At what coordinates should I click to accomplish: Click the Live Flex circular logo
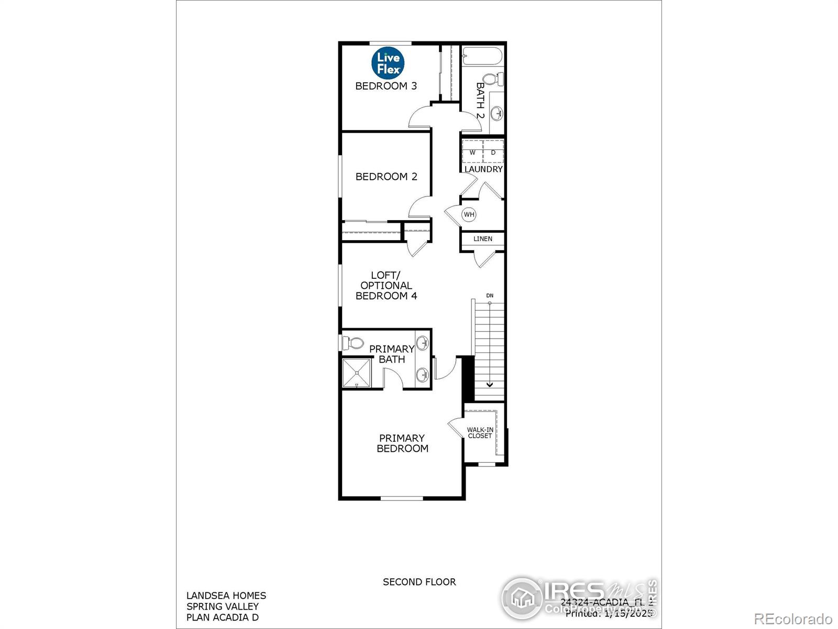click(388, 63)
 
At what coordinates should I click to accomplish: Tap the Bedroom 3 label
click(386, 86)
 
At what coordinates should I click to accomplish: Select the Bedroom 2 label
click(387, 177)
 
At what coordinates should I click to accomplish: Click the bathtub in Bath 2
click(482, 56)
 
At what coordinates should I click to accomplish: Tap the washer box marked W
click(472, 153)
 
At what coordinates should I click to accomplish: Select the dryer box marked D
click(493, 153)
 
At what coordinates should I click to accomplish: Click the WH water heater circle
click(469, 214)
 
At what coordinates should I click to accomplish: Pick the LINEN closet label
click(483, 239)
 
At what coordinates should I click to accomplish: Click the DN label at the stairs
click(490, 296)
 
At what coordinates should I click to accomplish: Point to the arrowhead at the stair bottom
click(490, 384)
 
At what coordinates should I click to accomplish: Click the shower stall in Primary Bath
click(356, 373)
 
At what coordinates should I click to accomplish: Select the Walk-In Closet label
click(480, 432)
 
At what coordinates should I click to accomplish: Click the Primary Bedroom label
click(402, 443)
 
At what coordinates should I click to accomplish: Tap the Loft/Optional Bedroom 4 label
click(386, 285)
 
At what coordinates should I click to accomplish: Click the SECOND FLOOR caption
click(419, 582)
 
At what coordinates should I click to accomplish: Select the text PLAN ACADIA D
click(223, 617)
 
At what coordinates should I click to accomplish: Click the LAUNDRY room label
click(483, 169)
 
